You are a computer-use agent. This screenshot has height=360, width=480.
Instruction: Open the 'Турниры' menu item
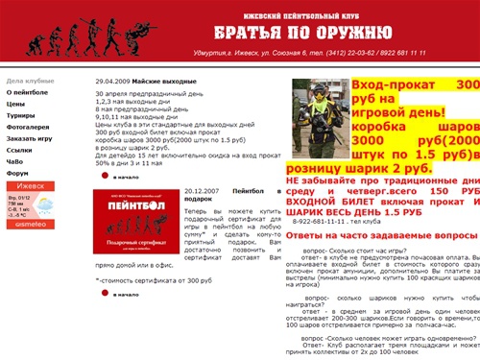(x=21, y=115)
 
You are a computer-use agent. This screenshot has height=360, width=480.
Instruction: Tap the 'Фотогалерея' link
(x=29, y=127)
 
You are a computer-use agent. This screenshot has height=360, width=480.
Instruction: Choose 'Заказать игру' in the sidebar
(x=30, y=138)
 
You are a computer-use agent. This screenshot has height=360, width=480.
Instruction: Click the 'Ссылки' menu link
(x=19, y=150)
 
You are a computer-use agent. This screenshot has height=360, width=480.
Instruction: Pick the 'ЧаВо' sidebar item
(x=15, y=161)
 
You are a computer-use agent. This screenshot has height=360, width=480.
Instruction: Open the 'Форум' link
(x=17, y=173)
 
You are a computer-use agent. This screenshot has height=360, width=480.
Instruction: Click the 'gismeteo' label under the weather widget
(x=30, y=224)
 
